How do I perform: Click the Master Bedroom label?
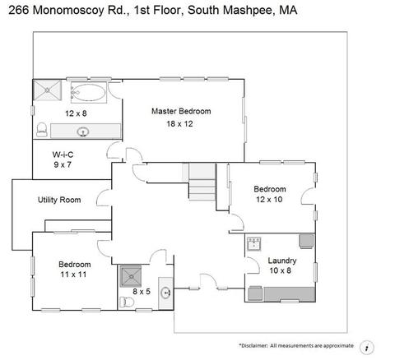click(x=181, y=111)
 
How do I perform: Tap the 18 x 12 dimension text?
click(x=179, y=124)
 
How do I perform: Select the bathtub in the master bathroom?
click(x=89, y=92)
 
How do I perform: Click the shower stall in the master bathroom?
click(x=47, y=90)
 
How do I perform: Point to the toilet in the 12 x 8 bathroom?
click(x=42, y=130)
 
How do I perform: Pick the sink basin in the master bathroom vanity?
click(x=83, y=132)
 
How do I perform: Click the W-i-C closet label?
click(x=63, y=155)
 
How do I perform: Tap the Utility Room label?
click(x=59, y=200)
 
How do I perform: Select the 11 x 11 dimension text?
click(x=73, y=275)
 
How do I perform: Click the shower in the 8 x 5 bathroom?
click(x=131, y=276)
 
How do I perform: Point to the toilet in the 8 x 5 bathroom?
click(x=127, y=302)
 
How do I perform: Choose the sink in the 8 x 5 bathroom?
click(x=165, y=293)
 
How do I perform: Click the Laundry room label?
click(x=282, y=261)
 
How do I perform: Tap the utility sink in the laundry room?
click(x=253, y=243)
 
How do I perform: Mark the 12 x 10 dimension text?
click(x=269, y=200)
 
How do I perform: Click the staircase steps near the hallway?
click(x=202, y=182)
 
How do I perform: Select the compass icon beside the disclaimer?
click(x=366, y=348)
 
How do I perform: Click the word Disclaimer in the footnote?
click(x=253, y=346)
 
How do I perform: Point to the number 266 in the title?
click(x=19, y=10)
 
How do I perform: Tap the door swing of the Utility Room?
click(x=104, y=198)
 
